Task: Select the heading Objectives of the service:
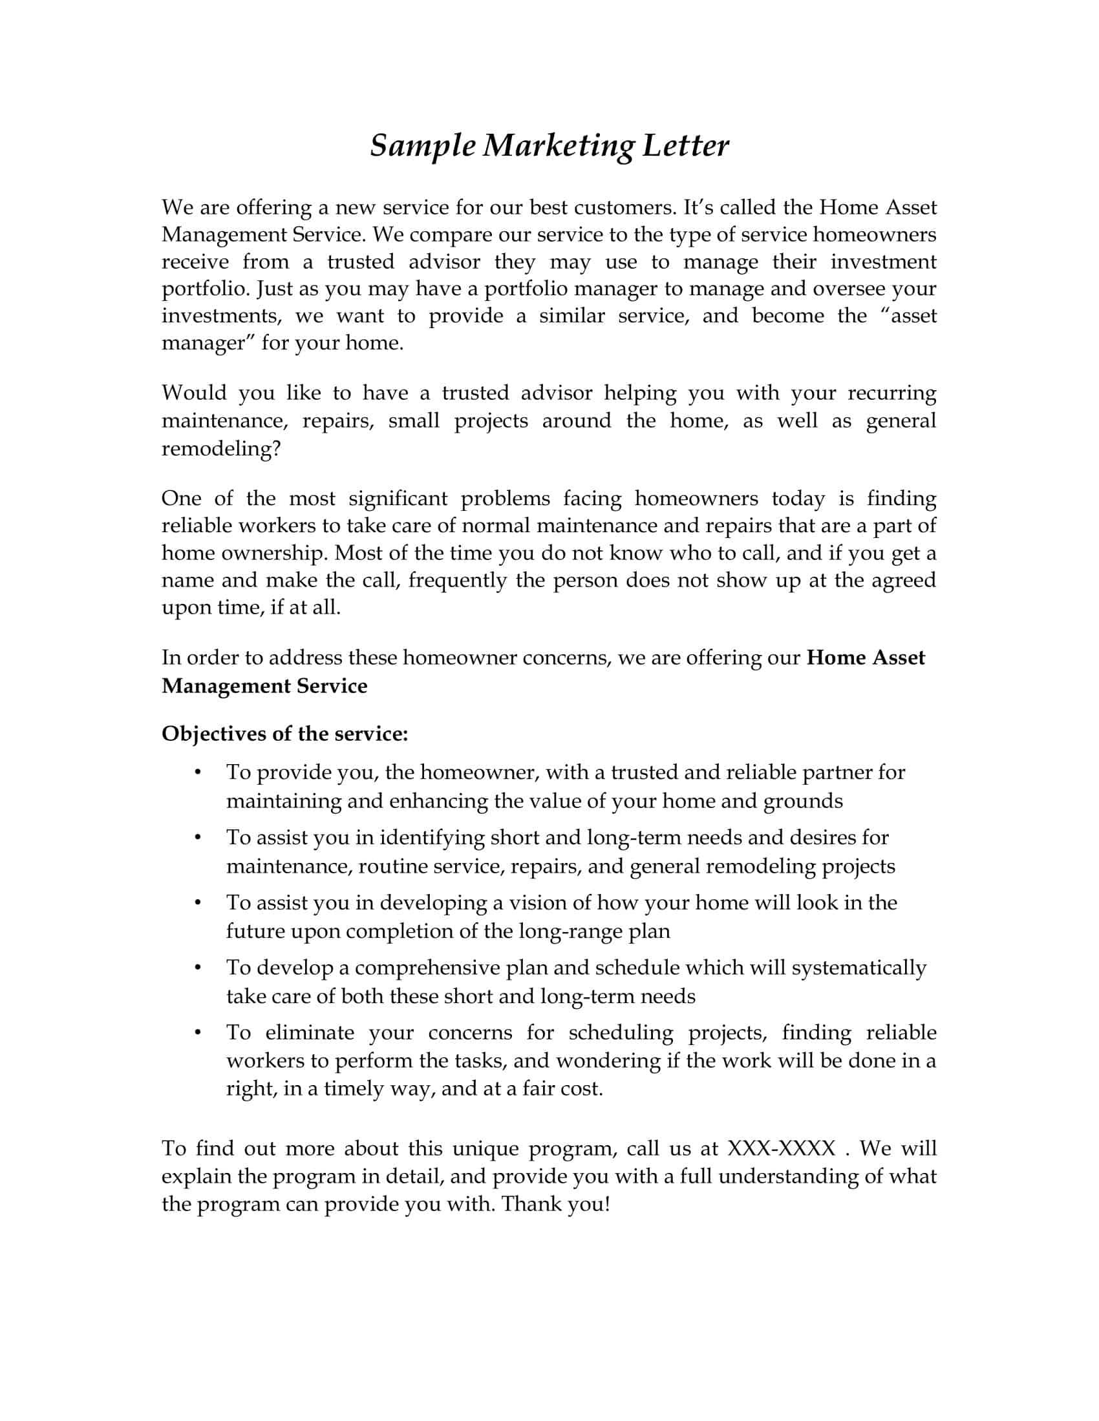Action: (284, 733)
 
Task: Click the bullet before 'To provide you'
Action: (197, 773)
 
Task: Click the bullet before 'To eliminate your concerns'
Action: (197, 1033)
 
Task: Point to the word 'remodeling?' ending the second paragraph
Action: (220, 448)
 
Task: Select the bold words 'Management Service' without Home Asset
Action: (264, 685)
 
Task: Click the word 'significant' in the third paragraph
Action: (398, 499)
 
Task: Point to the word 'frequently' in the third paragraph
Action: (457, 580)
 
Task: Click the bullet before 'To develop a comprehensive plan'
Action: (197, 968)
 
